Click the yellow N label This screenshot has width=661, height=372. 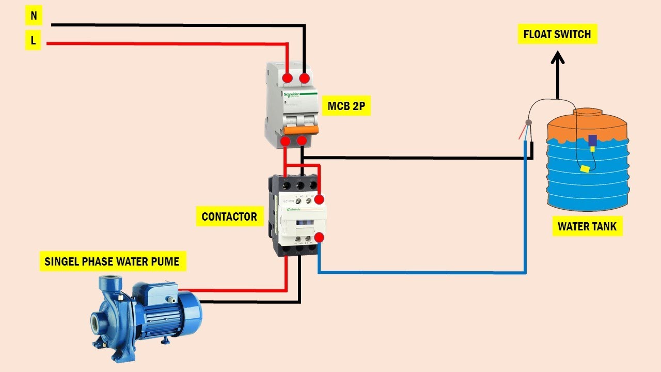34,16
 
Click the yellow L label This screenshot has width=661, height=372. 33,41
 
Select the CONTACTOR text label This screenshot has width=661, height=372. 229,216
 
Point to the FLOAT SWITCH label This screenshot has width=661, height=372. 557,35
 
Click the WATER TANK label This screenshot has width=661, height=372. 587,226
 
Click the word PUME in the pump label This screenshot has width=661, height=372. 166,261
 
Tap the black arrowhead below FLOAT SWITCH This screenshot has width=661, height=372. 557,57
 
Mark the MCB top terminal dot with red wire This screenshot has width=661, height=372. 287,79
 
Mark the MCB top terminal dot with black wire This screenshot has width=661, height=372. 305,79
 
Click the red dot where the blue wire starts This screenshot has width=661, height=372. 319,238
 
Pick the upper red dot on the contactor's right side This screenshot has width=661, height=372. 320,199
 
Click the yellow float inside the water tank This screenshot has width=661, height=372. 585,168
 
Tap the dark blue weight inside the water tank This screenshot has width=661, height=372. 593,140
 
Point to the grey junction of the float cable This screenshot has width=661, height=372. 528,123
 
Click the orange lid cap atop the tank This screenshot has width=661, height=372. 587,111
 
